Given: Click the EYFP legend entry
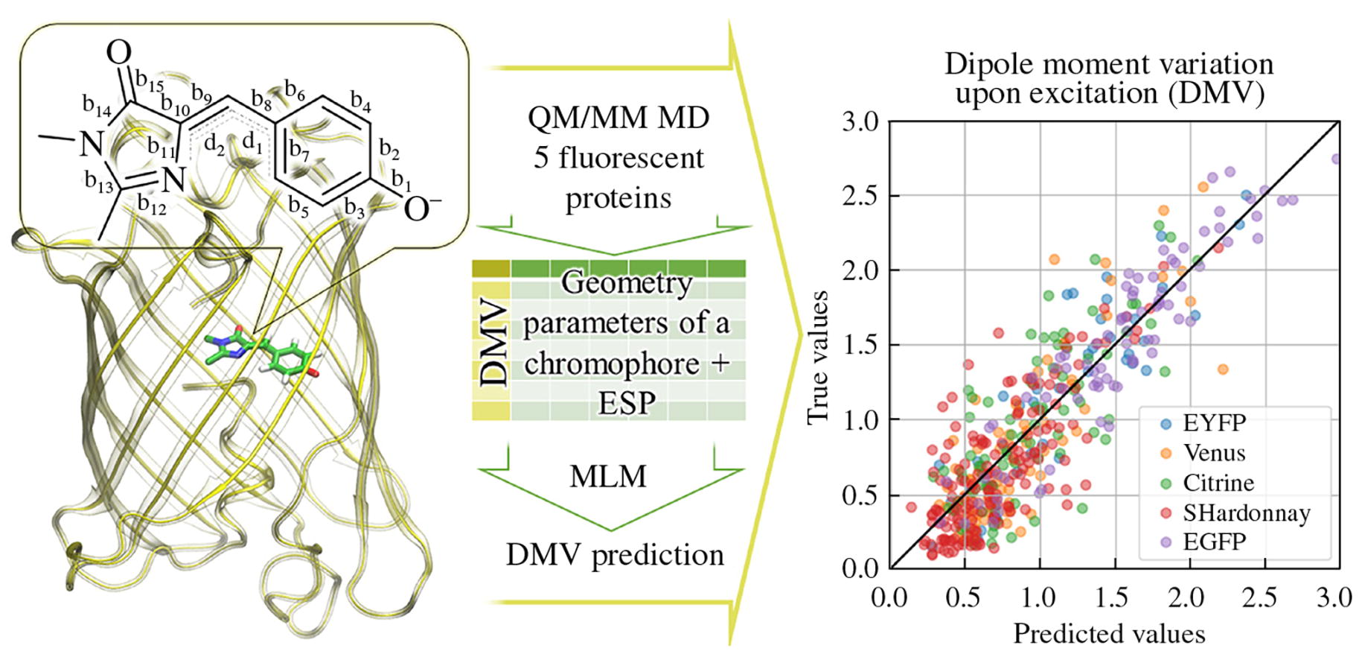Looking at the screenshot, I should click(1213, 423).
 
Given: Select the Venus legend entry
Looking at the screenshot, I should click(1213, 453).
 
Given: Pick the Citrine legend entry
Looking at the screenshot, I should click(1218, 483).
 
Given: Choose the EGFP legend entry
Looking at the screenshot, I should click(1213, 542).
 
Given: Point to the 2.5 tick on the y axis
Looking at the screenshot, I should click(860, 196).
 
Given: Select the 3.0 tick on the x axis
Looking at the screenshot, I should click(1334, 597).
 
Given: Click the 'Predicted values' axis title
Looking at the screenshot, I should click(1109, 634).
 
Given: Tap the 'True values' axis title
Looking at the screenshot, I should click(818, 358).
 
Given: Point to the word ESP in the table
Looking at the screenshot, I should click(627, 403).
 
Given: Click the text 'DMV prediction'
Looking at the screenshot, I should click(615, 555).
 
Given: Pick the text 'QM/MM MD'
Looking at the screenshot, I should click(618, 118).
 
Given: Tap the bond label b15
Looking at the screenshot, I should click(150, 84).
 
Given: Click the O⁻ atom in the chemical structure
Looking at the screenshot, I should click(421, 209).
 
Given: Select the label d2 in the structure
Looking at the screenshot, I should click(214, 146).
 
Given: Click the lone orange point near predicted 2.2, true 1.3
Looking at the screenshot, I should click(1223, 369).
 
